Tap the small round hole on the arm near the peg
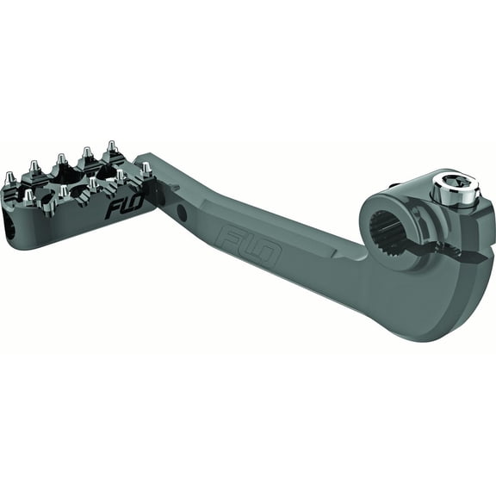click(x=182, y=209)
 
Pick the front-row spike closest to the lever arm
click(x=146, y=170)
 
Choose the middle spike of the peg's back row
click(x=61, y=161)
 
